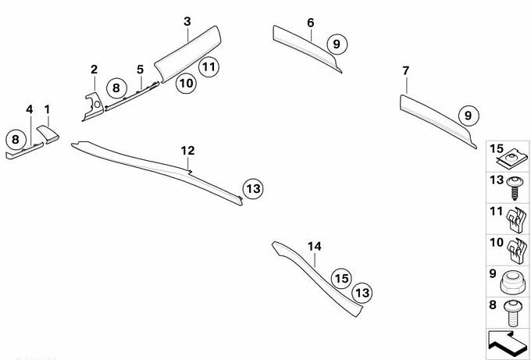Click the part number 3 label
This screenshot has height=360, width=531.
(187, 22)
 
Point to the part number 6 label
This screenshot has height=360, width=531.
(311, 23)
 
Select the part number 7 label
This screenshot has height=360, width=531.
(406, 71)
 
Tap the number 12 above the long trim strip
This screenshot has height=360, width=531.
(187, 151)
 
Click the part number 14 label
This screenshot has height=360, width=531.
(315, 247)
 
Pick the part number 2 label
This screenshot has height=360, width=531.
(94, 70)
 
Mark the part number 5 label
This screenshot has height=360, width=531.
(141, 70)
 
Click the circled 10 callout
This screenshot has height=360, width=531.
(186, 83)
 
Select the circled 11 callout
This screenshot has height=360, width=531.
(208, 66)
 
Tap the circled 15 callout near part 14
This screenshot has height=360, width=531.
(341, 278)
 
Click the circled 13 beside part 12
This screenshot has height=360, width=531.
(253, 188)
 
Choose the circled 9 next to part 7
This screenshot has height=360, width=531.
(469, 116)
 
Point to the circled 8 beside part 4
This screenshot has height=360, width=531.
(16, 139)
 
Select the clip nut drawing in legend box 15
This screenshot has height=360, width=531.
(512, 159)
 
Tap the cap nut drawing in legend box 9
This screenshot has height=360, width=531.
(512, 283)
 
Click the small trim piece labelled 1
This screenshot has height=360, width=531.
(48, 134)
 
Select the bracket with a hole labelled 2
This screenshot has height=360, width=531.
(94, 106)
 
